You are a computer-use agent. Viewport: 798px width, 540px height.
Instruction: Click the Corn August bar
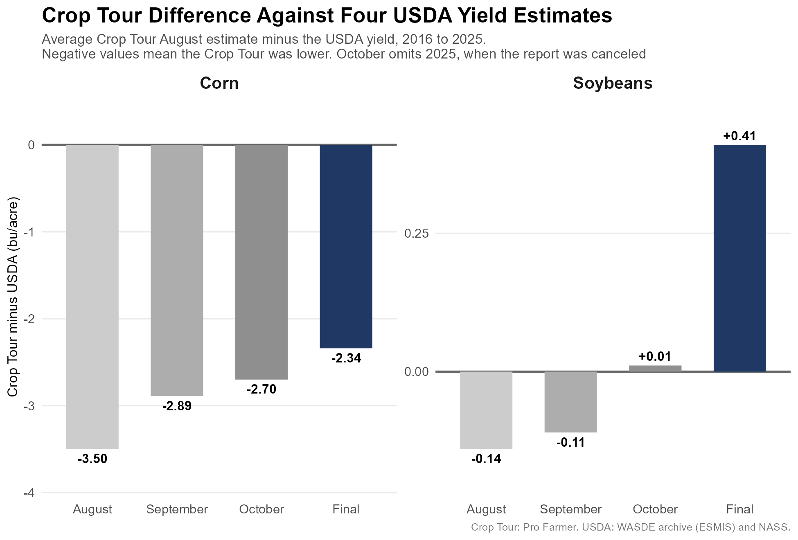(x=92, y=297)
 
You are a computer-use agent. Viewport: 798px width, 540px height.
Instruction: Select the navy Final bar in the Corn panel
(x=346, y=246)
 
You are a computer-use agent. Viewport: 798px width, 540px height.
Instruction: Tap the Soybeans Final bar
(x=739, y=258)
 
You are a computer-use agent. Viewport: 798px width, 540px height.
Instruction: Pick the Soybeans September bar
(x=570, y=402)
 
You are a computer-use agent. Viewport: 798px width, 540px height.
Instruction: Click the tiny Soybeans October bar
(x=655, y=369)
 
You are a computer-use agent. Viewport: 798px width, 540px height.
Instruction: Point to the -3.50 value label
(x=92, y=459)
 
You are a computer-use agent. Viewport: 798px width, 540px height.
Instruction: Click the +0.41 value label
(x=739, y=136)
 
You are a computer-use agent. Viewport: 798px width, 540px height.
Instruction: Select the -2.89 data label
(x=177, y=406)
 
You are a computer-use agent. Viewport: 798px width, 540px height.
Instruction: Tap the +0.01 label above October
(x=655, y=356)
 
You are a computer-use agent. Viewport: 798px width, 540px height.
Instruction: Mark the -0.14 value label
(x=486, y=459)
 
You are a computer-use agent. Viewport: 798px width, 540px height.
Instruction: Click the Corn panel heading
(x=219, y=83)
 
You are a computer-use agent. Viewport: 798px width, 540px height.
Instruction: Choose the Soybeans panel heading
(x=613, y=83)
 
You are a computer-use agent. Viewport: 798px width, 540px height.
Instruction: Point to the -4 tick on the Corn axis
(x=29, y=493)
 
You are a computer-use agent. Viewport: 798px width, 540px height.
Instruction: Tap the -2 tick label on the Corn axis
(x=29, y=319)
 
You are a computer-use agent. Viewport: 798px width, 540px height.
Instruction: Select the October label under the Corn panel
(x=261, y=509)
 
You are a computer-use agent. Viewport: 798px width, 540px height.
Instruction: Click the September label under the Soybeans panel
(x=570, y=509)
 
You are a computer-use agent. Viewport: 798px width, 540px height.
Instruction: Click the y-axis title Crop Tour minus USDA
(x=13, y=297)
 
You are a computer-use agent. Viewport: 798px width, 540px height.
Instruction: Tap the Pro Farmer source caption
(x=630, y=527)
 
